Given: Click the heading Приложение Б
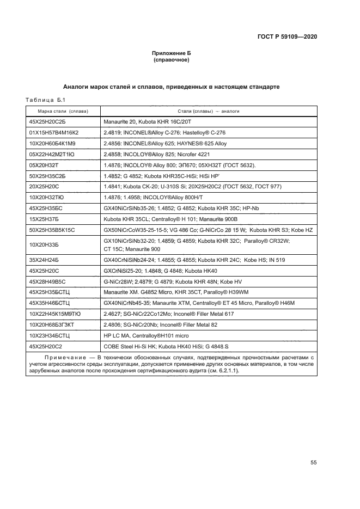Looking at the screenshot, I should coord(171,53).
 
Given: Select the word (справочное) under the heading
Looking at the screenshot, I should coord(171,60).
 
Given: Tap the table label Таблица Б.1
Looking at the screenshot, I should coord(46,100).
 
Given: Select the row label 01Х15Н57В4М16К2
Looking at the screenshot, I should coord(54,133).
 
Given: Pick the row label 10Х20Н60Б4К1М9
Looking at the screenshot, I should coord(52,144).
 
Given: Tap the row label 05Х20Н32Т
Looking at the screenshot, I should coord(44,165).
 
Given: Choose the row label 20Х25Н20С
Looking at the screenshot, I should coord(44,186).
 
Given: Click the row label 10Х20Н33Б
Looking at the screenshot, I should coord(45,244).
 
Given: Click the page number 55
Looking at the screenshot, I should coord(314,463).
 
